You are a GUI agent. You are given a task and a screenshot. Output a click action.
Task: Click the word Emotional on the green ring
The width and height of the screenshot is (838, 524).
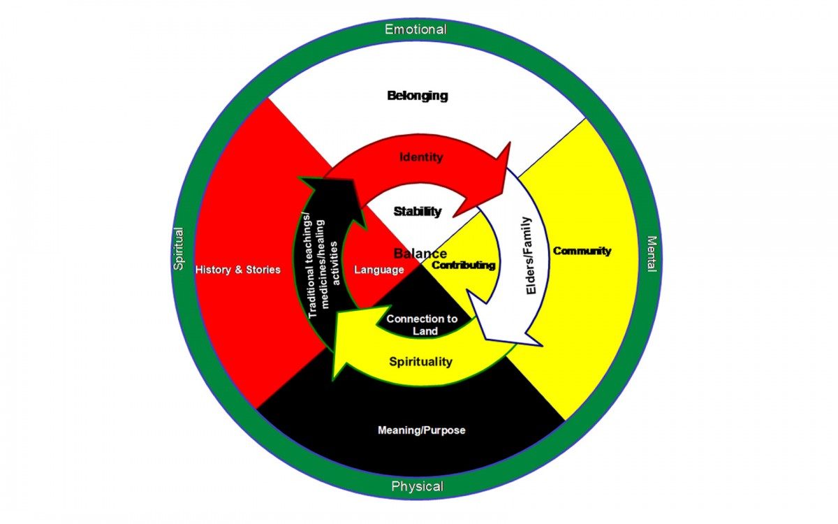pyautogui.click(x=416, y=29)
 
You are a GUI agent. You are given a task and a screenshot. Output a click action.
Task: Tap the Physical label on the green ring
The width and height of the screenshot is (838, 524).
pyautogui.click(x=417, y=486)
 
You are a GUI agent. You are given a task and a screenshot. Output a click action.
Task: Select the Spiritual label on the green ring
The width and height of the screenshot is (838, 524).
pyautogui.click(x=178, y=248)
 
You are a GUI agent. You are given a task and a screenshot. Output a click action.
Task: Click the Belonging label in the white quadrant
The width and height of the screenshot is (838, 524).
pyautogui.click(x=417, y=96)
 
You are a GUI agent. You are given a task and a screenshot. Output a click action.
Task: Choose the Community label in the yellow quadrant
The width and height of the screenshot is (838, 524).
pyautogui.click(x=582, y=251)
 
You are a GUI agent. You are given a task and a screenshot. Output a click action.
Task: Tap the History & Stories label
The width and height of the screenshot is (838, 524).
pyautogui.click(x=238, y=269)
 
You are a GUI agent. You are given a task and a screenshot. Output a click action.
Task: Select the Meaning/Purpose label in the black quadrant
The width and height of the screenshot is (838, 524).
pyautogui.click(x=421, y=430)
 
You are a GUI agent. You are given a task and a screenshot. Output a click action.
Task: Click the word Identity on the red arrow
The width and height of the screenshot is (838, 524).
pyautogui.click(x=420, y=157)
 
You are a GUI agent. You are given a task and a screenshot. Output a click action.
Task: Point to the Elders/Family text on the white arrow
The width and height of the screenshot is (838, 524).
pyautogui.click(x=531, y=254)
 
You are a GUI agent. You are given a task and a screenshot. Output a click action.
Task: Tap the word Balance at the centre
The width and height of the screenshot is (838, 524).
pyautogui.click(x=420, y=254)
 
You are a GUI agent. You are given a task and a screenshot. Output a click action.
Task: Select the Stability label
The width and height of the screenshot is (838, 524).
pyautogui.click(x=418, y=211)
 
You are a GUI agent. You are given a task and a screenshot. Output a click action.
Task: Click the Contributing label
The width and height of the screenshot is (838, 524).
pyautogui.click(x=464, y=265)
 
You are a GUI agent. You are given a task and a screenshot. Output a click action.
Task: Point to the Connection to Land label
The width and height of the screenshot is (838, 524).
pyautogui.click(x=422, y=324)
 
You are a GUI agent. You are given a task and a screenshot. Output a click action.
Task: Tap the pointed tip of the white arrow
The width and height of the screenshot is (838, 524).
pyautogui.click(x=542, y=344)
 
